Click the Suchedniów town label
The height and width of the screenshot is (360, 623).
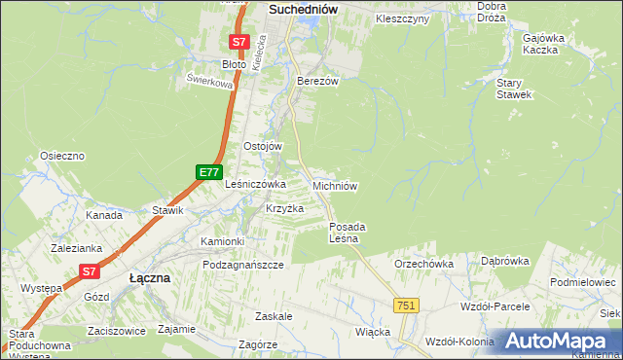click(x=302, y=9)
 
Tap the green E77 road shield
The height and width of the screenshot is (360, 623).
click(x=208, y=172)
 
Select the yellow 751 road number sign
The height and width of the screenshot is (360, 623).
click(x=407, y=306)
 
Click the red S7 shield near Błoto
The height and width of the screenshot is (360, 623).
click(x=239, y=43)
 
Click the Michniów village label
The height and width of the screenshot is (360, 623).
click(x=336, y=185)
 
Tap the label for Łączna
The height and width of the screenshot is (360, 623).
click(x=150, y=277)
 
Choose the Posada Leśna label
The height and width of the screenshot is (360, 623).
click(x=345, y=233)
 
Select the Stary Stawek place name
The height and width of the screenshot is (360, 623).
click(x=513, y=89)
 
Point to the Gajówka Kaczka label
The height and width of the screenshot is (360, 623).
click(x=543, y=43)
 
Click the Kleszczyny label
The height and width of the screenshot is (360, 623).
click(x=402, y=18)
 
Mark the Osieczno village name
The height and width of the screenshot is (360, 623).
click(x=62, y=156)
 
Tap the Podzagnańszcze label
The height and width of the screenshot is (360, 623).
click(x=242, y=265)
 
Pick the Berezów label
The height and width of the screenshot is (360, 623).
click(x=317, y=81)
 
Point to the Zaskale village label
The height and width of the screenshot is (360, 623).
click(x=274, y=317)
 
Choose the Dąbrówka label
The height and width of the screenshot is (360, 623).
click(x=504, y=261)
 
